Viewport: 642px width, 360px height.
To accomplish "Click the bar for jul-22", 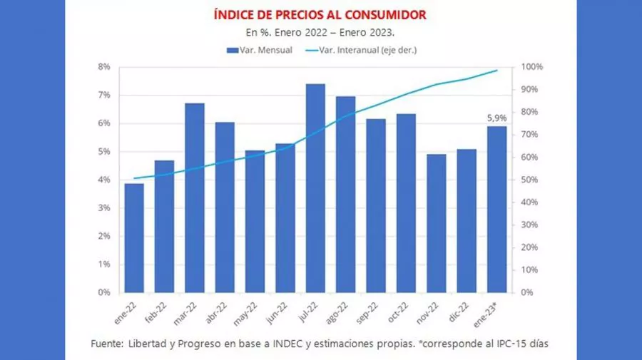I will coord(315,188).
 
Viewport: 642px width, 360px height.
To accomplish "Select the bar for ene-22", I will coord(133,238).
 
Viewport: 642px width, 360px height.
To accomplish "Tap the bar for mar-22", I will coord(194,197).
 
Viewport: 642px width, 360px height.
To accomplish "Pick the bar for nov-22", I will coord(437,223).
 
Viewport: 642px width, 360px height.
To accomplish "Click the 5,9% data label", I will coord(496,118).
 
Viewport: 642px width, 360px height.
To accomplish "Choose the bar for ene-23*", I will coord(497,209).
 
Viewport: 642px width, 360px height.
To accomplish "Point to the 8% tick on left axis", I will coord(103,67).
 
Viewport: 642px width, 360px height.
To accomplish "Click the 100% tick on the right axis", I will coord(532,67).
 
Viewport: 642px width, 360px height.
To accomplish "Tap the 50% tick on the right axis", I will coord(530,180).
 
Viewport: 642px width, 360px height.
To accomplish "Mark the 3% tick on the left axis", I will coord(103,207).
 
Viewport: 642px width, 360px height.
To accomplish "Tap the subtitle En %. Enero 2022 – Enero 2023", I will coord(320,32).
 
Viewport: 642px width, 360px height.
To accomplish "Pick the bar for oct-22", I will coord(406,203).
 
